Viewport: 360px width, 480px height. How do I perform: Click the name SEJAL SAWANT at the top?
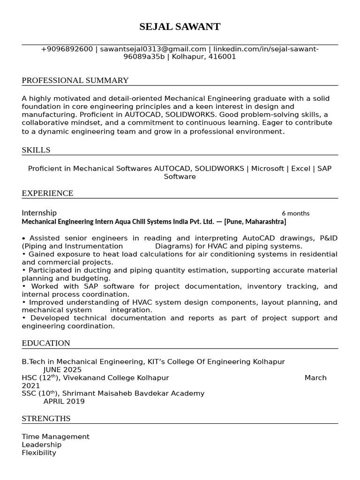180,27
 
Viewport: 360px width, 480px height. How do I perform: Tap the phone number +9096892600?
67,49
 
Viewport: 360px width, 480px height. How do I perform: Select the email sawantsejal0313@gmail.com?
152,49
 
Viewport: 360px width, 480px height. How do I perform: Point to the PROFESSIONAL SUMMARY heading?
75,80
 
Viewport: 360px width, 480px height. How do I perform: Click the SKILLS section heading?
36,150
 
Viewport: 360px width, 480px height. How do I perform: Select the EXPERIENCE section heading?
47,193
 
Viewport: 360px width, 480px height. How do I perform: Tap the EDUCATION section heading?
46,343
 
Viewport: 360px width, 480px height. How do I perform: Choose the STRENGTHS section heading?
46,418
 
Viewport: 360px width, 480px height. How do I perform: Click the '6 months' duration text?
295,213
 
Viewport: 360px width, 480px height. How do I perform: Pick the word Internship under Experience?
39,213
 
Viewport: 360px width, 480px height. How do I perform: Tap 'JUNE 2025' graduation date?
62,370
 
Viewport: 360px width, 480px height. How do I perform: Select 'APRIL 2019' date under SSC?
64,402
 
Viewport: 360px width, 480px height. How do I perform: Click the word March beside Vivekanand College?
315,378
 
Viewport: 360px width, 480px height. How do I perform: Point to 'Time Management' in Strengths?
55,436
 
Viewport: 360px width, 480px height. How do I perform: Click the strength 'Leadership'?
41,444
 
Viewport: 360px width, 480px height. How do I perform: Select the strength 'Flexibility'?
39,453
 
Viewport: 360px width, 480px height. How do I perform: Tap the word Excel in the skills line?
300,168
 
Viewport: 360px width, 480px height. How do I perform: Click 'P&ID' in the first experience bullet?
328,238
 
